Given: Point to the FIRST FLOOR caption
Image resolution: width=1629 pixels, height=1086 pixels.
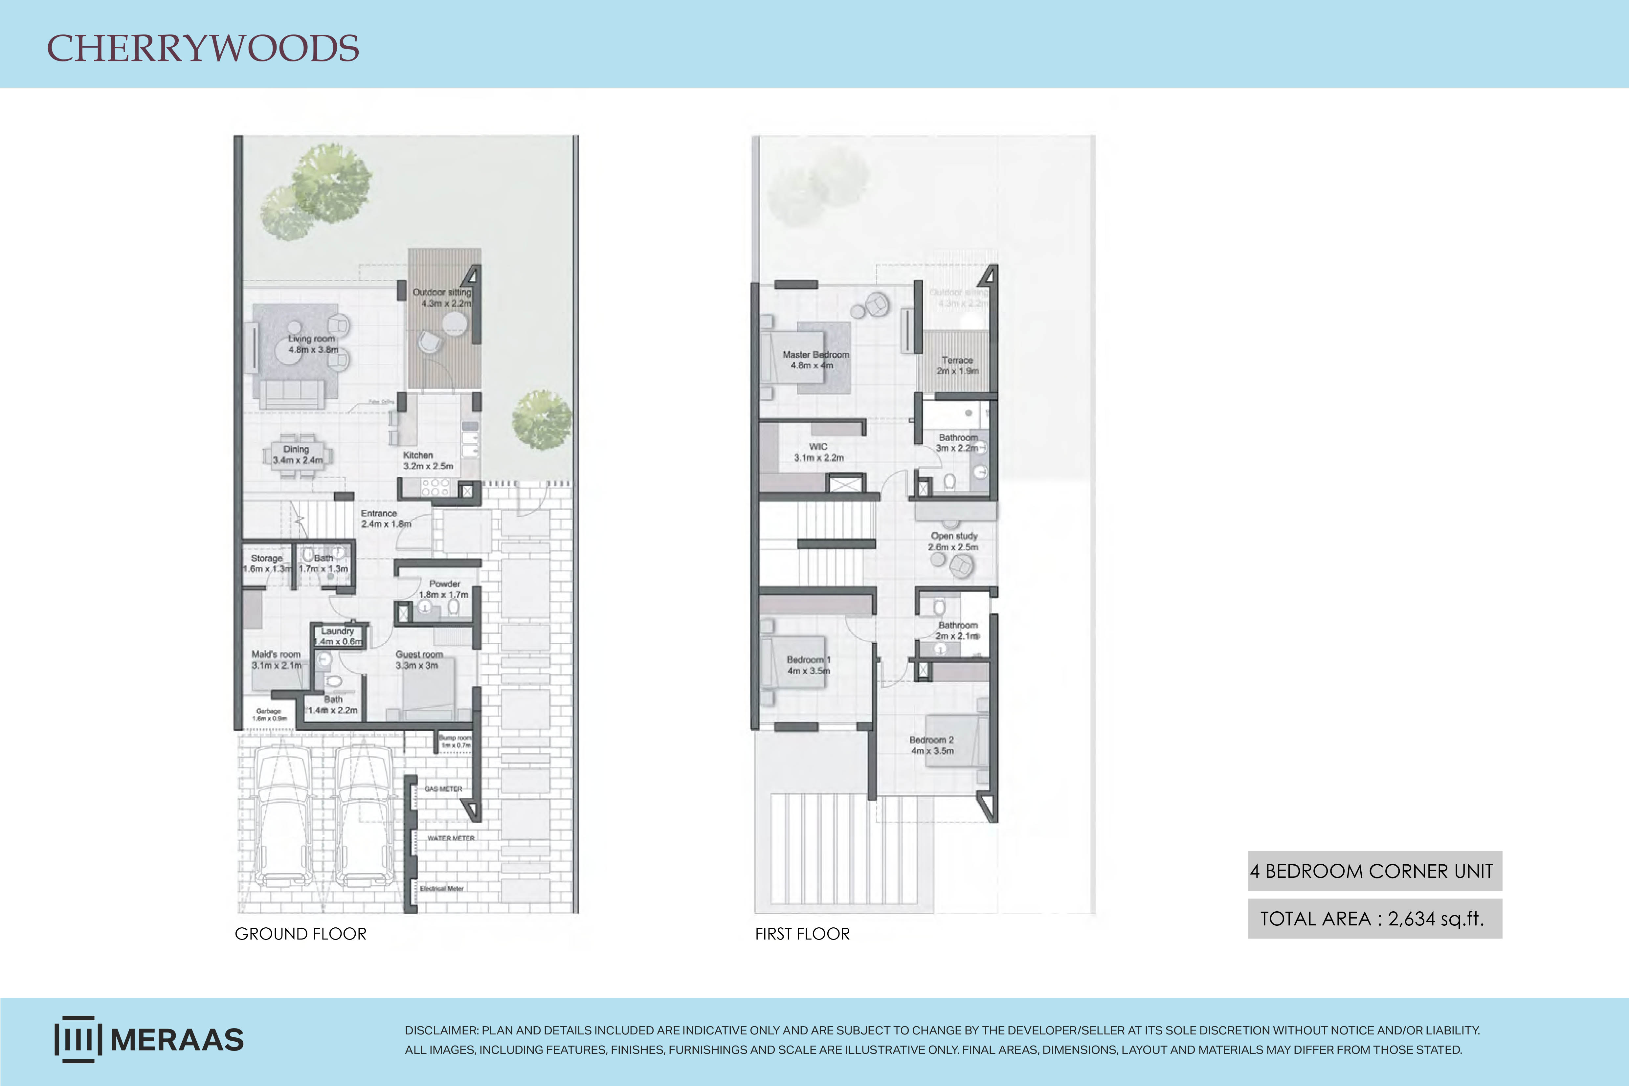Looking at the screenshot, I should coord(802,934).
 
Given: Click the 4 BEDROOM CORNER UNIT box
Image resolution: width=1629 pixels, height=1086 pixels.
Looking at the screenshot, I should coord(1374,871).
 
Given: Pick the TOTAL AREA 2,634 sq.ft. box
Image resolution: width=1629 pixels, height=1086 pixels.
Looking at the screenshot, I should coord(1374,919).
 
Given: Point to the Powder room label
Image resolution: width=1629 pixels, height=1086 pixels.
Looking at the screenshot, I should coord(444,589).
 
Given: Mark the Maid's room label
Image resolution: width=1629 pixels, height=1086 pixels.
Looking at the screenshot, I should coord(276,659).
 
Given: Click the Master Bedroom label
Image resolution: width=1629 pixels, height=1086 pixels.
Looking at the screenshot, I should coord(815,360).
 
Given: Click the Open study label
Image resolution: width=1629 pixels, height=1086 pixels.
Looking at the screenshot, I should coord(954,541).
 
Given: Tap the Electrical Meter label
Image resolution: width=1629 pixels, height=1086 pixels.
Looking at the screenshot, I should coord(441,889).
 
